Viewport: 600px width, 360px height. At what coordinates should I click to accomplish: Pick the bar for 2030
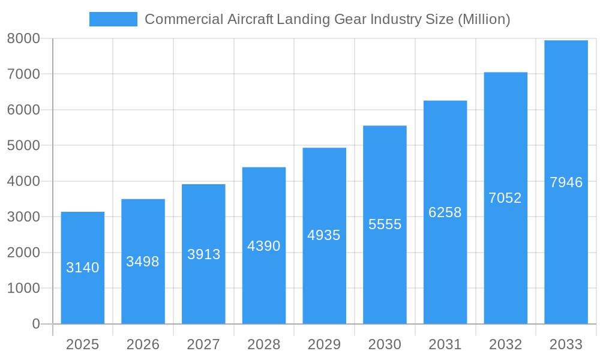[x=385, y=270]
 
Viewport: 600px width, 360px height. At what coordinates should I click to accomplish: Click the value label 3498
[x=143, y=262]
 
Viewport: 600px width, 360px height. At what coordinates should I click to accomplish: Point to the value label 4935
[x=324, y=235]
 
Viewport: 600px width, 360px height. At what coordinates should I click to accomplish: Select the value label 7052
[x=505, y=198]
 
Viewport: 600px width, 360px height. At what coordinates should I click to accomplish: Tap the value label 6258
[x=445, y=212]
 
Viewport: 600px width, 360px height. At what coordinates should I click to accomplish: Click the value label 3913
[x=203, y=254]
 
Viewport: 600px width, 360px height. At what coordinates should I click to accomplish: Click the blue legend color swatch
[x=113, y=19]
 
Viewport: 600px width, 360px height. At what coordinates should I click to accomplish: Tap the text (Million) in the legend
[x=484, y=19]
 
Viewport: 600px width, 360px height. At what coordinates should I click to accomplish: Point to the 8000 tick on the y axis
[x=23, y=38]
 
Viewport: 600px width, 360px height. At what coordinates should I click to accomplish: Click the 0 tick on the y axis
[x=35, y=324]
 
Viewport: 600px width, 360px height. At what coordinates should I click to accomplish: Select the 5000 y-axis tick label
[x=23, y=146]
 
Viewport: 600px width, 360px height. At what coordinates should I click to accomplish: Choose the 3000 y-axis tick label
[x=23, y=217]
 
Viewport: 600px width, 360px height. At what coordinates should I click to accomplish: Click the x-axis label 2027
[x=203, y=344]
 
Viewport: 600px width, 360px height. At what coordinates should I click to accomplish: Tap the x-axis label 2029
[x=324, y=344]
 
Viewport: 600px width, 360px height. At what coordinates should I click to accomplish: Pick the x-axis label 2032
[x=505, y=344]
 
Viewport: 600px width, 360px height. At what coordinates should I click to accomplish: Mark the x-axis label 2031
[x=445, y=344]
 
